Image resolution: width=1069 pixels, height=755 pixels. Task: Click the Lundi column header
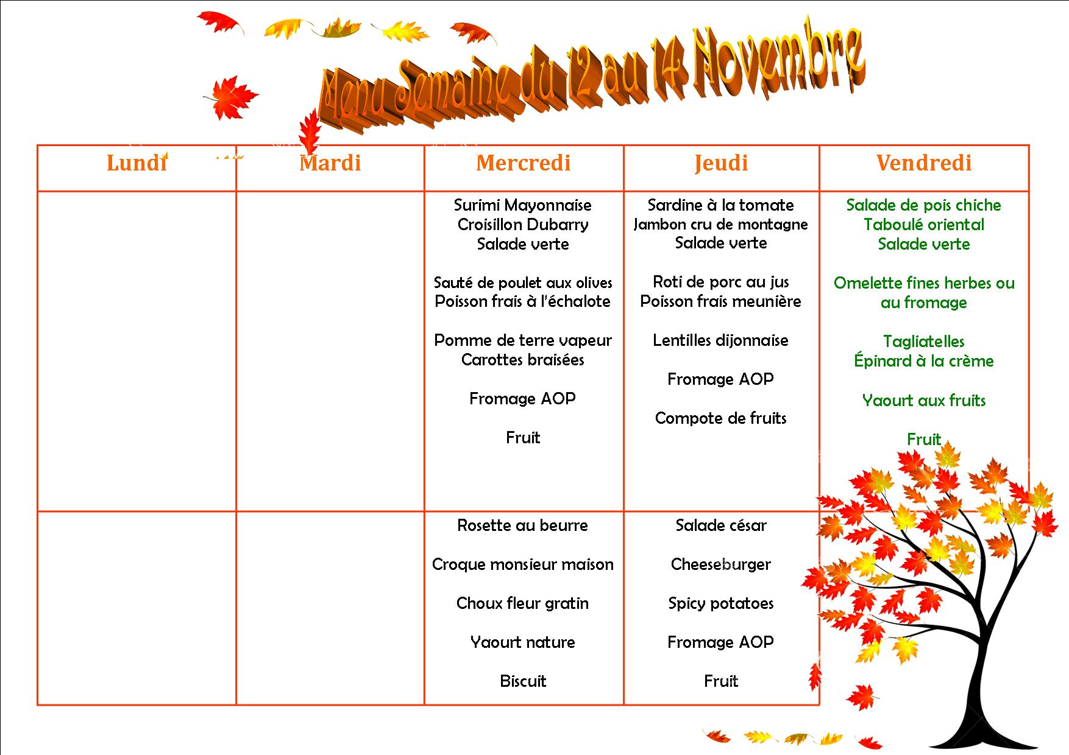coord(137,163)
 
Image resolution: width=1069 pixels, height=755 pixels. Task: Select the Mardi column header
coord(330,163)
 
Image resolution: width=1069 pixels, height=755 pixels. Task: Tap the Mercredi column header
coord(524,163)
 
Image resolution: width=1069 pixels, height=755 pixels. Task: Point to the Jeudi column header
coord(721,163)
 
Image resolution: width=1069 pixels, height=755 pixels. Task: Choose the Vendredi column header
coord(924,163)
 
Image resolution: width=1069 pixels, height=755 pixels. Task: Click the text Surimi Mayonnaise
coord(523,205)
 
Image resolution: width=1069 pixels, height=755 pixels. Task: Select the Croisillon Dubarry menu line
coord(523,225)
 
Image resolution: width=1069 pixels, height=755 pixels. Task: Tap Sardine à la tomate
coord(721,205)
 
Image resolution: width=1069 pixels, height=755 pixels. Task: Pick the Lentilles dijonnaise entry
coord(721,340)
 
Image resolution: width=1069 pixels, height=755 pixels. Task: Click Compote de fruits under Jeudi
coord(721,418)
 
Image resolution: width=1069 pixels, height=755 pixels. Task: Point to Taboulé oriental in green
coord(924,225)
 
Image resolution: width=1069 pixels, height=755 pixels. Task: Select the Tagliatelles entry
coord(924,342)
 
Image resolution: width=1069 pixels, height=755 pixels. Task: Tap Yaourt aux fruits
coord(924,401)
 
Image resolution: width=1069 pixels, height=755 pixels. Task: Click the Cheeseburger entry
coord(721,564)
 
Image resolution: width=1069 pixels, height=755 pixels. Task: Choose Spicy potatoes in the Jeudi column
coord(721,603)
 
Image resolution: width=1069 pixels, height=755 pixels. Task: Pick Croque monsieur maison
coord(523,564)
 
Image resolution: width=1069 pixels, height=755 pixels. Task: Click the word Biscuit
coord(523,681)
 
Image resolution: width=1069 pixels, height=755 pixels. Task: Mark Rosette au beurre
coord(523,525)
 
